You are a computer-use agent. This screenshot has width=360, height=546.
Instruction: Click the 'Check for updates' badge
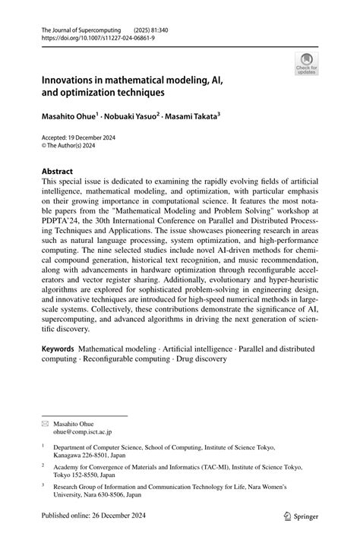306,63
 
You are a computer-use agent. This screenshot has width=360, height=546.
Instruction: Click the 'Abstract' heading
58,172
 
